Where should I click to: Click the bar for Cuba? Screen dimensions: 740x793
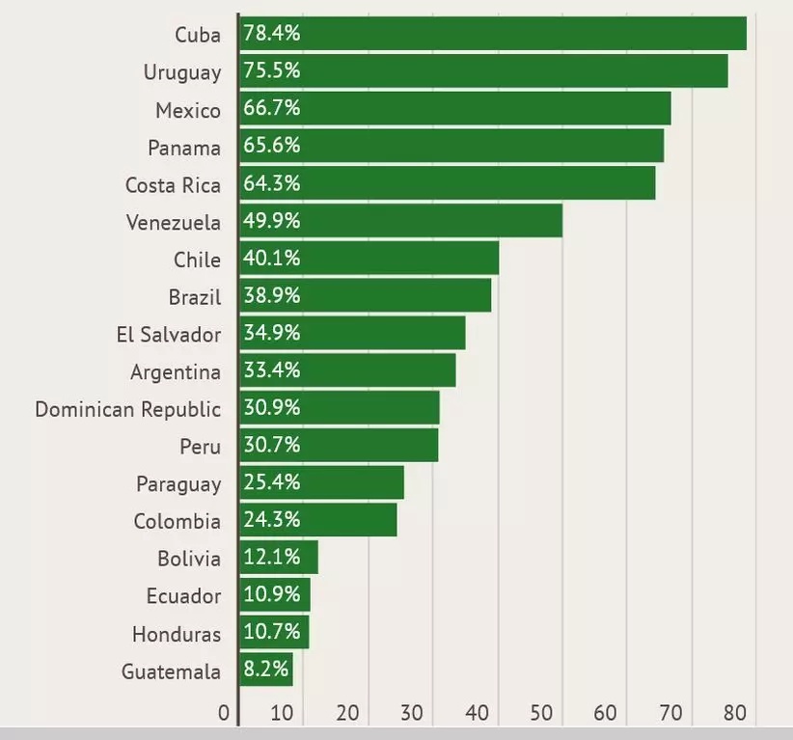493,34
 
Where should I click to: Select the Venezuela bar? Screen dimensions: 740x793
400,221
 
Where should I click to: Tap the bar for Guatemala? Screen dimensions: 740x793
266,671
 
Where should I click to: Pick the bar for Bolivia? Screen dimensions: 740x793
279,558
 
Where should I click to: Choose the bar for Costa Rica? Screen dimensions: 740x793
448,183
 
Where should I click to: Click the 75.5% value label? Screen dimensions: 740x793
272,71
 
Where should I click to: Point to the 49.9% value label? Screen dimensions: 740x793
272,221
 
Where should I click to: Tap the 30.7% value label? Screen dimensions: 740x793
272,445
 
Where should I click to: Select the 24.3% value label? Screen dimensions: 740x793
272,520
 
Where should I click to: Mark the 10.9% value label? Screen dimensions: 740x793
272,594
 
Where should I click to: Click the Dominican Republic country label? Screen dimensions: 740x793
127,409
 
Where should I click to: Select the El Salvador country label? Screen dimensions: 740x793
168,335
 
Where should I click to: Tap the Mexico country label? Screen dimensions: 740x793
188,110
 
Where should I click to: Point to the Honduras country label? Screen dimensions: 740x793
177,634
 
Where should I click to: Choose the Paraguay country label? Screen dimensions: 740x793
178,484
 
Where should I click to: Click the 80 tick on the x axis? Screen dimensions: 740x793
736,714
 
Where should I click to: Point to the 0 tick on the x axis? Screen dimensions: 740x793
224,714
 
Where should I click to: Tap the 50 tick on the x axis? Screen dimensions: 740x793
540,714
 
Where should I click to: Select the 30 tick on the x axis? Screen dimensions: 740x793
412,714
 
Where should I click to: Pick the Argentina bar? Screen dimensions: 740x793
347,370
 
